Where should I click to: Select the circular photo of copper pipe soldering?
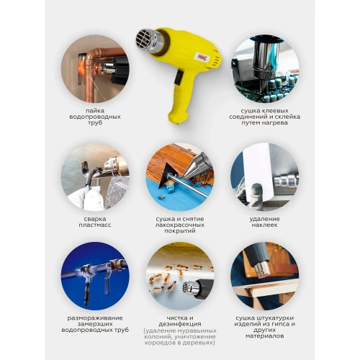[x=95, y=68]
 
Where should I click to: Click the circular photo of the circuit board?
[x=264, y=68]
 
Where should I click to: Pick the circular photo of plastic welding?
[x=95, y=176]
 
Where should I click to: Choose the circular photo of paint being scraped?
[x=179, y=176]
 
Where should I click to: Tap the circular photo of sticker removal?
[x=264, y=176]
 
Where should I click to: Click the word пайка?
[x=95, y=109]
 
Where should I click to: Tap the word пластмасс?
[x=95, y=224]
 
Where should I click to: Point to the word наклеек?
[x=264, y=224]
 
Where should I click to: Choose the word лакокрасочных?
[x=179, y=224]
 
